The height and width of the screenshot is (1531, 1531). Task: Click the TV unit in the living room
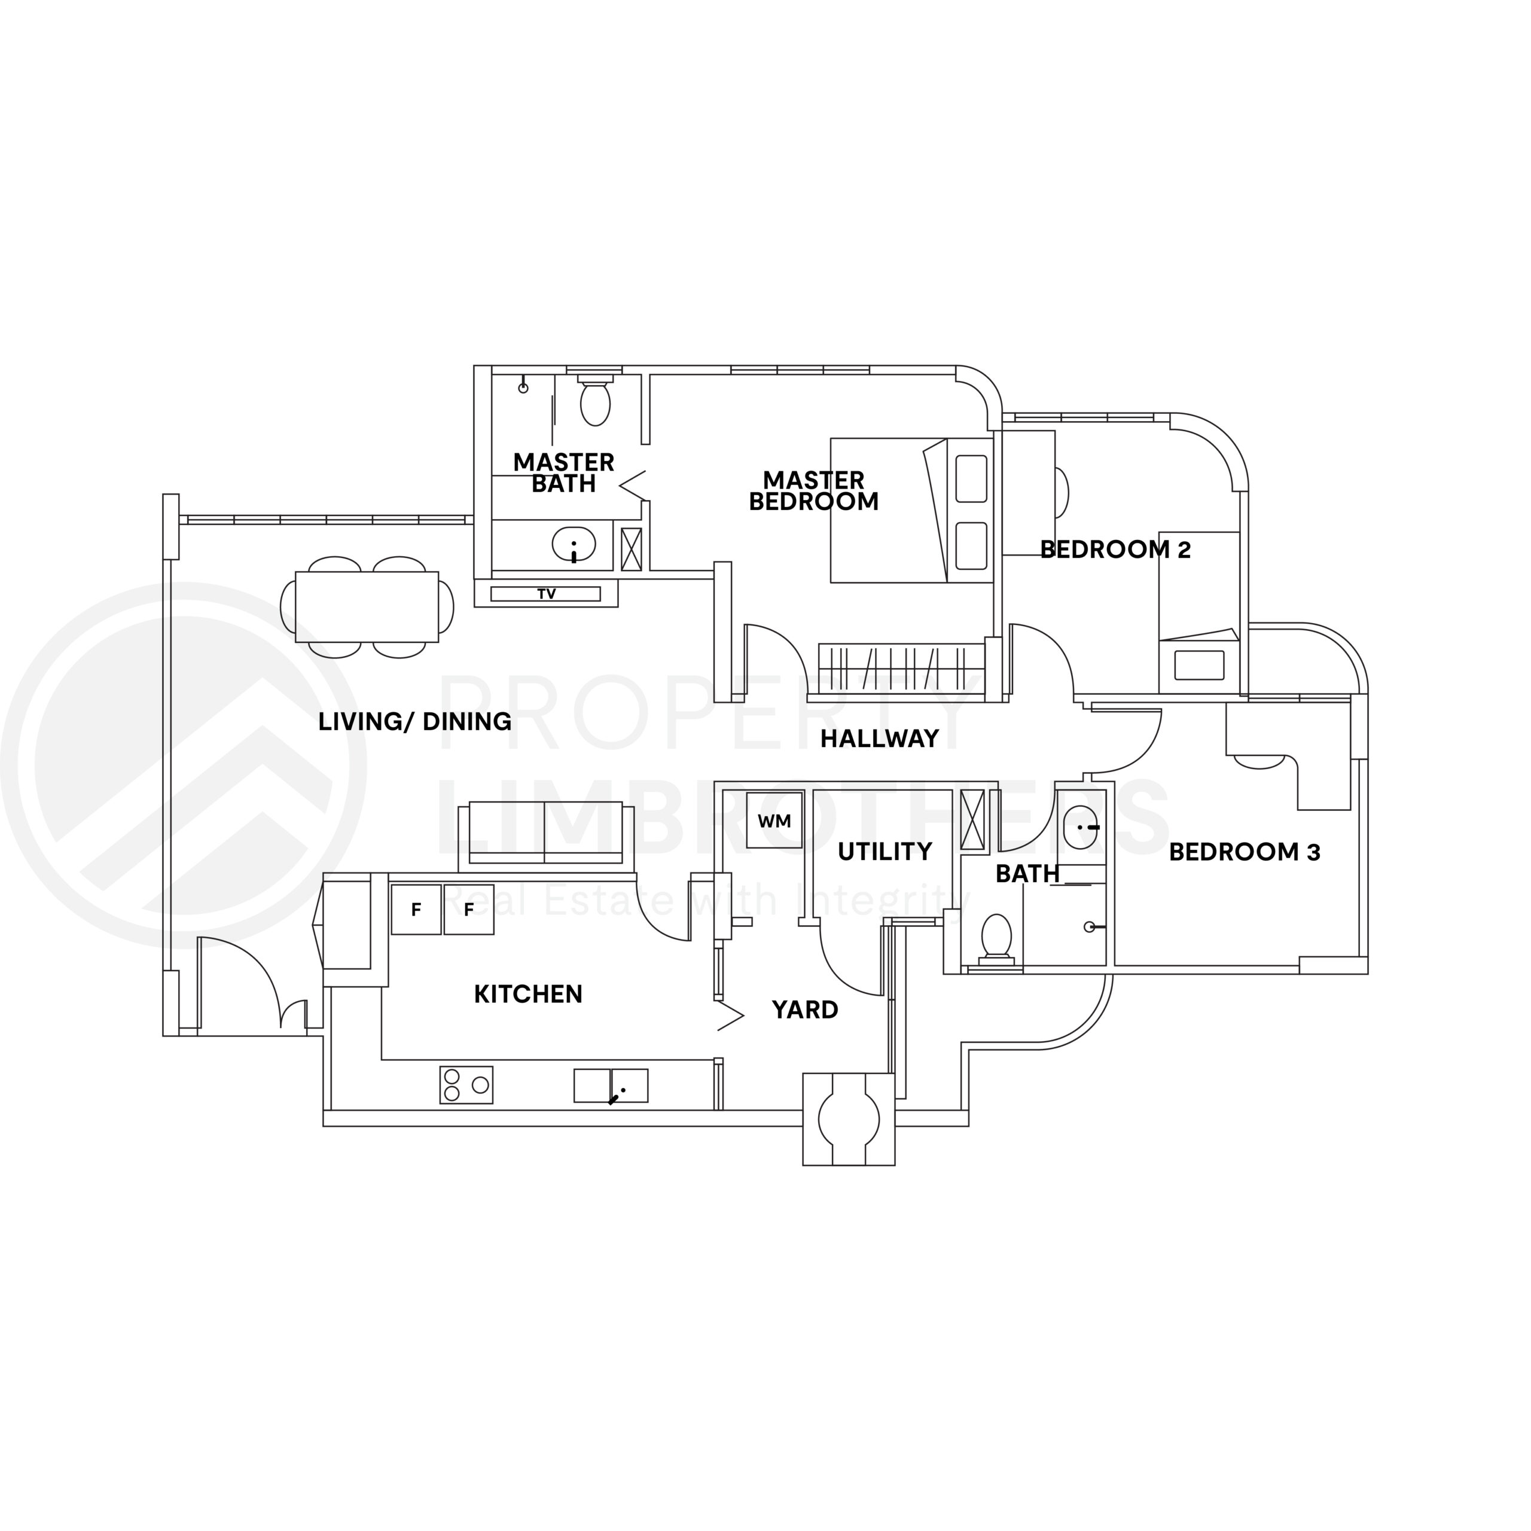545,593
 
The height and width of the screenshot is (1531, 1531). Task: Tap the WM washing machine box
774,820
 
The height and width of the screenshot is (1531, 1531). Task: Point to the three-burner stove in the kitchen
466,1085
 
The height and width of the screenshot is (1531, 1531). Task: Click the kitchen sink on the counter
611,1085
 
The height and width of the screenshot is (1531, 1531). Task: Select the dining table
367,607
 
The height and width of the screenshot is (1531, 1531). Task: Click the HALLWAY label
880,739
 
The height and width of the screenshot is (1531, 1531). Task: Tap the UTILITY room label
885,851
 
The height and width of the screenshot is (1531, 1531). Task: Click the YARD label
805,1010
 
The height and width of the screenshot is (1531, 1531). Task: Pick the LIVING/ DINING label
414,721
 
